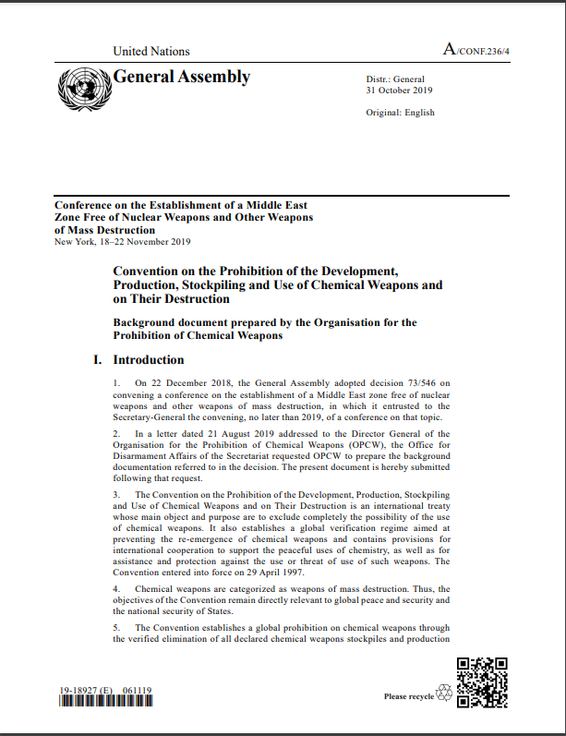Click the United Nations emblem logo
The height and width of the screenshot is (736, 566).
pos(83,89)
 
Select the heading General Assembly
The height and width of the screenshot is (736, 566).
pos(182,77)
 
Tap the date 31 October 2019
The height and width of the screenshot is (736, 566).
pos(399,90)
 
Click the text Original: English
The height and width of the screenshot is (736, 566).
pos(400,113)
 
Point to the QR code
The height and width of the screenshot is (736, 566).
pos(483,682)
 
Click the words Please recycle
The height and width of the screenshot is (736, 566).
pos(408,696)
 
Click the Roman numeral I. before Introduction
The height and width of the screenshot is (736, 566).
pos(97,360)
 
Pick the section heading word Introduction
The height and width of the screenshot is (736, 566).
pos(149,360)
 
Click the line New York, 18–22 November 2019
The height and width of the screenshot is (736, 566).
pos(123,242)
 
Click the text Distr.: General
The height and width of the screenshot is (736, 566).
pos(395,80)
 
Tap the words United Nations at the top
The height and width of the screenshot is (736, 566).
pos(151,52)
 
